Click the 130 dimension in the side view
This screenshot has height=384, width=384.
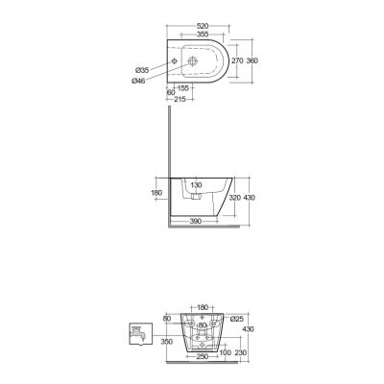click(195, 183)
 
